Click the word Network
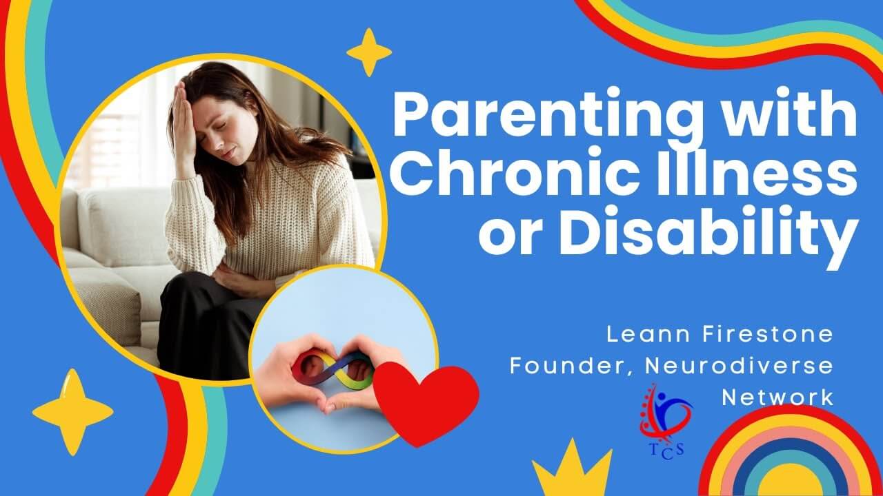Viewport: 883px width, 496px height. point(777,397)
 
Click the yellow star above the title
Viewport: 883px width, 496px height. point(369,52)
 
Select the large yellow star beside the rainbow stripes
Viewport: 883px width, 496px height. point(73,413)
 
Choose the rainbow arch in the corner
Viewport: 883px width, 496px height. point(791,451)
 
